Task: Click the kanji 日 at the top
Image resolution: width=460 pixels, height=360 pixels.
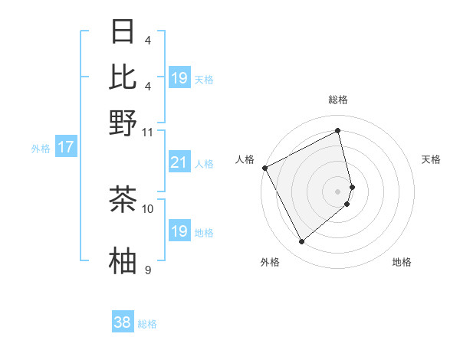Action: [123, 31]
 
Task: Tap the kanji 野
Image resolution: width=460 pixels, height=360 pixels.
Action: [123, 123]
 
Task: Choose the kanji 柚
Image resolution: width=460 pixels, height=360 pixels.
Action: [123, 260]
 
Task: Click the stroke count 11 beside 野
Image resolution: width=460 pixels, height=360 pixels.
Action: [148, 132]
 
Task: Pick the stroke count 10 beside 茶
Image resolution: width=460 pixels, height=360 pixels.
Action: [148, 208]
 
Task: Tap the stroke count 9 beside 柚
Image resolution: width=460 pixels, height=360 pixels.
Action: [148, 270]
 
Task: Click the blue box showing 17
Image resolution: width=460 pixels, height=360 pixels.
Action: [65, 148]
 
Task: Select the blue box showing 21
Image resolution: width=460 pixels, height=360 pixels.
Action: [179, 162]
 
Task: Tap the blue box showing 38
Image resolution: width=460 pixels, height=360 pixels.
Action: [122, 322]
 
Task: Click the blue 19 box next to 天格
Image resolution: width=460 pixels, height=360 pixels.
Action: [179, 78]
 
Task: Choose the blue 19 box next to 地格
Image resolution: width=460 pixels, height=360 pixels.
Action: [179, 231]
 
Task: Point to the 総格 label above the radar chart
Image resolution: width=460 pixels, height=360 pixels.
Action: [338, 100]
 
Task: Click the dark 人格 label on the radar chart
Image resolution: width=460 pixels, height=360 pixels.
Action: [245, 159]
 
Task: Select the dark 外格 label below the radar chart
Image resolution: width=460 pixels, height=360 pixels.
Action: [270, 262]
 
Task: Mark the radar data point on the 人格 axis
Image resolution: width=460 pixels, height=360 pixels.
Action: [264, 168]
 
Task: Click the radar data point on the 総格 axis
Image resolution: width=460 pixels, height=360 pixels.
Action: [338, 131]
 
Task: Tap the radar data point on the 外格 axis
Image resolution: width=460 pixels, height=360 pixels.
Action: [301, 242]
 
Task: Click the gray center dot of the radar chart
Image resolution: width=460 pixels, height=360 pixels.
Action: [338, 191]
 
